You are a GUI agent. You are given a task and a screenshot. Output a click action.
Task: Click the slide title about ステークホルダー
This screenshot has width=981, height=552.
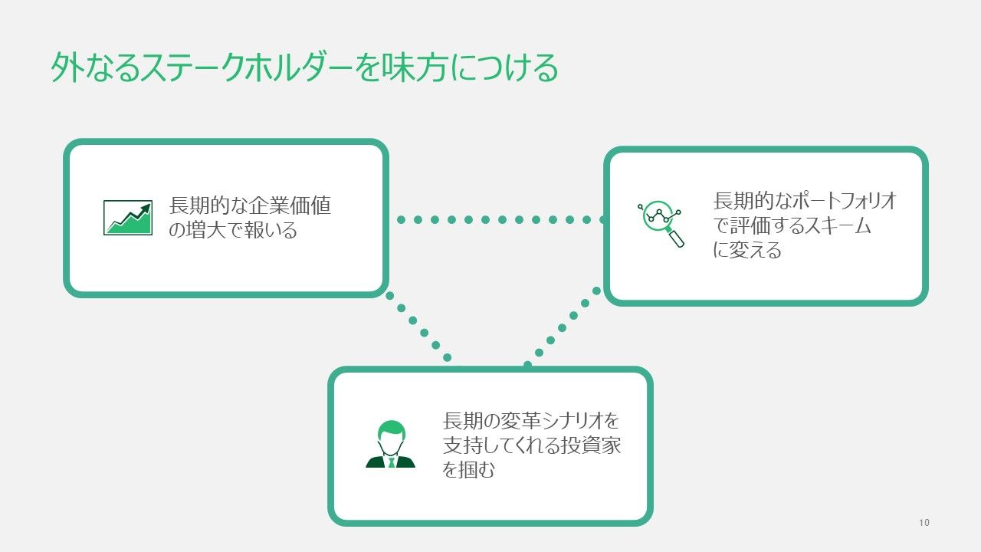(x=304, y=68)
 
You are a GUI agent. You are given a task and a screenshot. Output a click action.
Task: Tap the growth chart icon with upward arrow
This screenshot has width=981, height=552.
(x=128, y=218)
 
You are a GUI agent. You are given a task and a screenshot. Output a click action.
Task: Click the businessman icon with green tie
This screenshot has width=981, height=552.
(x=390, y=445)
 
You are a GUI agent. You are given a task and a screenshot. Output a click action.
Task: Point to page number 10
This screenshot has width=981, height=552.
(x=924, y=523)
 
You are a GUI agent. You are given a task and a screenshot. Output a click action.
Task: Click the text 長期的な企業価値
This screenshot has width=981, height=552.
(x=250, y=206)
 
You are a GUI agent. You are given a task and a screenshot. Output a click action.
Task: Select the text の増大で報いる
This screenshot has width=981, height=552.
(x=232, y=230)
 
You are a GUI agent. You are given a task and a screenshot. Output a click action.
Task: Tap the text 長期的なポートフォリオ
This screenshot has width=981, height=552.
(x=805, y=202)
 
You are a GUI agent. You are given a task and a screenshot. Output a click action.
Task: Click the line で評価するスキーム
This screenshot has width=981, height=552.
(x=792, y=226)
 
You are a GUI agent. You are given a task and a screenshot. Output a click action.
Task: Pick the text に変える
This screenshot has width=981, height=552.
(x=747, y=250)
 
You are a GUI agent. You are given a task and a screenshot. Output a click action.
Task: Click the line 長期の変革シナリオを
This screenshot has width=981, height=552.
(x=530, y=422)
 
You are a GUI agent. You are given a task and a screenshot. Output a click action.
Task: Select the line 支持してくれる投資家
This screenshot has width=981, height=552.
(x=532, y=445)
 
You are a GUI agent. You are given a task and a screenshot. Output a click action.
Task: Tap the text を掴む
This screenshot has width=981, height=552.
(x=469, y=469)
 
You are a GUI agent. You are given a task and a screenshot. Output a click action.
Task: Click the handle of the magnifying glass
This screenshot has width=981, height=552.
(x=677, y=240)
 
